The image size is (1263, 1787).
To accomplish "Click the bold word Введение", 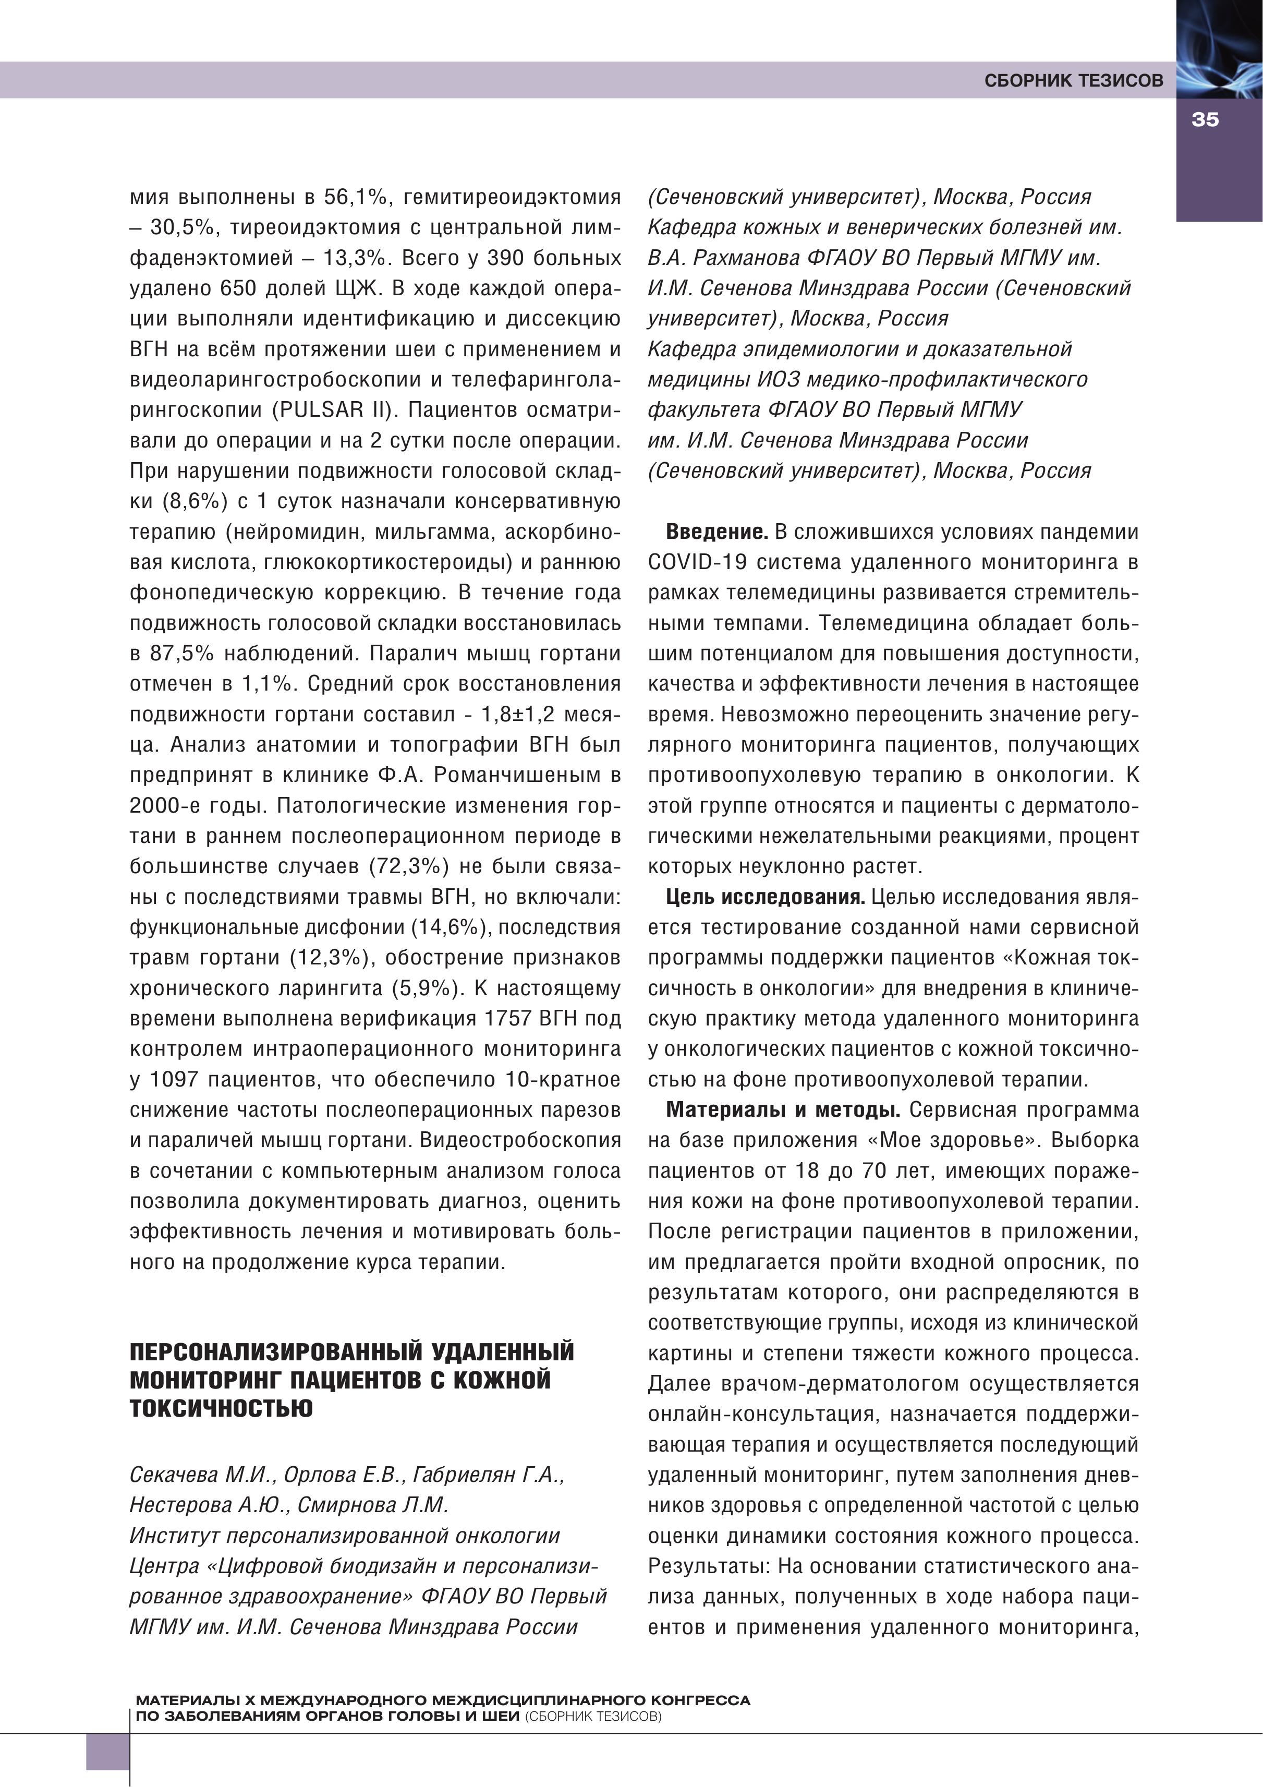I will click(x=716, y=533).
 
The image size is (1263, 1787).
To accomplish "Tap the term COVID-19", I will click(x=697, y=563).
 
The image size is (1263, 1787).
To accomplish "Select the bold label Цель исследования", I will click(x=765, y=897).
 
